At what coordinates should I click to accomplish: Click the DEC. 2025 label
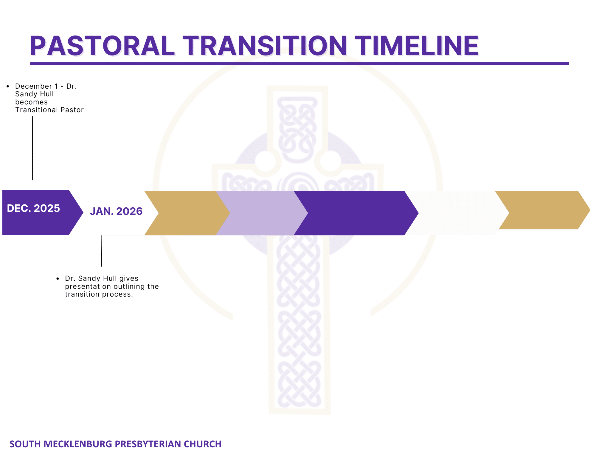(x=33, y=208)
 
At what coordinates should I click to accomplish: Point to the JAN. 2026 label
(x=116, y=211)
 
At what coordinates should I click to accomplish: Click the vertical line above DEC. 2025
(x=32, y=148)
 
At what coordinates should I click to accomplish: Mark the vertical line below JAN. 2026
(x=102, y=251)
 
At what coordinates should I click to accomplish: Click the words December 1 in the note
(x=37, y=86)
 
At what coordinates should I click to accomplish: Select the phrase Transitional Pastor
(x=49, y=110)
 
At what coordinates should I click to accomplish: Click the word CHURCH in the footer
(x=202, y=444)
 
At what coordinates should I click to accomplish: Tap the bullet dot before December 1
(x=8, y=87)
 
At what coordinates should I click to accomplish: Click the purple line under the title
(x=299, y=64)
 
